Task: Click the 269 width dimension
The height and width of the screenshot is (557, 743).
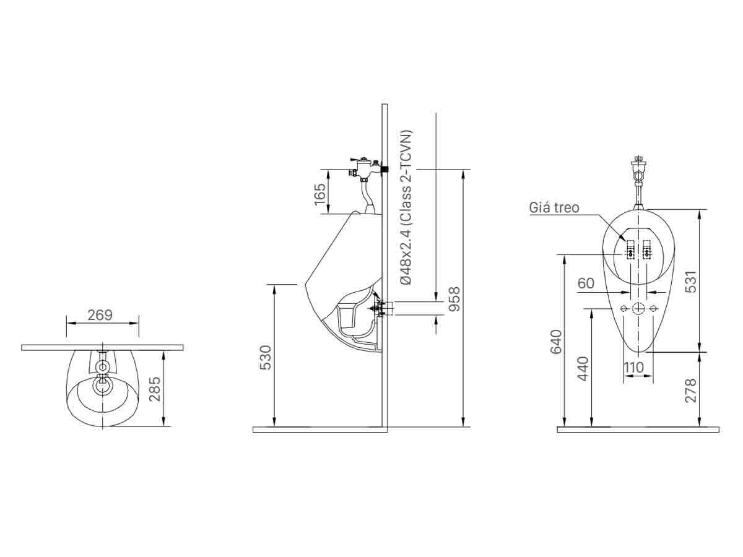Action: click(100, 315)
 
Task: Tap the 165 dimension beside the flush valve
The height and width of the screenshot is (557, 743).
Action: click(320, 194)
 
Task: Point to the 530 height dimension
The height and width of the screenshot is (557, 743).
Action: click(265, 357)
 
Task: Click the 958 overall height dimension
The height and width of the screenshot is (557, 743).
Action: click(454, 299)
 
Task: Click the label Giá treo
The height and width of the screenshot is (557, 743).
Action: click(554, 207)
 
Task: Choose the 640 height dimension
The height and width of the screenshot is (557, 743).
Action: click(555, 342)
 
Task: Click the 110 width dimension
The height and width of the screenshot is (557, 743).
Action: click(633, 368)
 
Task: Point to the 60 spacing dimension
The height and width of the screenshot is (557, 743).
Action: click(586, 283)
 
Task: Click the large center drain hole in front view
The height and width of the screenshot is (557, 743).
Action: click(638, 308)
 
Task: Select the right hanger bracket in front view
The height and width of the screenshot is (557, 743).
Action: click(647, 249)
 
